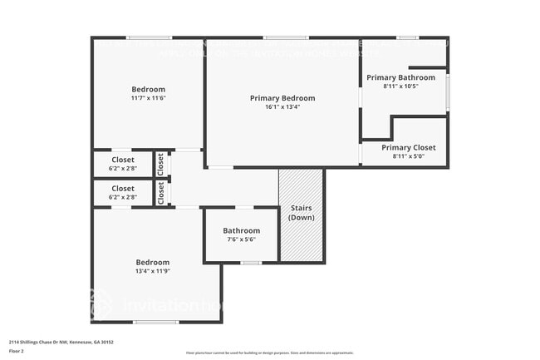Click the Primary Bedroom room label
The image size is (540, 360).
click(282, 98)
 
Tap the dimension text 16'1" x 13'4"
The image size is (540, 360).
click(282, 107)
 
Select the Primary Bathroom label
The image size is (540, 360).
click(400, 77)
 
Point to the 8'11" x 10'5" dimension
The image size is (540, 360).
click(400, 86)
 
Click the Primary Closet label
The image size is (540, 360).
click(408, 147)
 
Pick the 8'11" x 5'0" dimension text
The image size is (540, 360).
click(408, 155)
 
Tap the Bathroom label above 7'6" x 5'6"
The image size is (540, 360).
click(241, 230)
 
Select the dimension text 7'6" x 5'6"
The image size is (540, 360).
click(241, 239)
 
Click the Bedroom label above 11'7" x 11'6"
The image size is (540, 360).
click(148, 89)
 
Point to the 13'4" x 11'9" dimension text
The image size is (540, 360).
click(153, 270)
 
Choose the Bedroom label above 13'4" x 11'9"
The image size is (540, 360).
click(153, 262)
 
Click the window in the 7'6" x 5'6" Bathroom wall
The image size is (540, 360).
click(251, 263)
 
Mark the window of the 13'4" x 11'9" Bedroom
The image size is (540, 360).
click(156, 322)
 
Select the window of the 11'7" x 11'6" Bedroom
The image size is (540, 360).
click(150, 37)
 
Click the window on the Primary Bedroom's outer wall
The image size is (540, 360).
click(286, 37)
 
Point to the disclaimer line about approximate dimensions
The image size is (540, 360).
click(269, 353)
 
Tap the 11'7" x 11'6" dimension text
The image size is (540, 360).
click(148, 98)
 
